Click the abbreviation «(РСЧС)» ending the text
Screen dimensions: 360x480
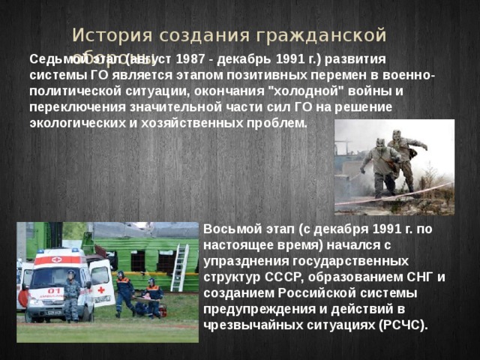pos(403,325)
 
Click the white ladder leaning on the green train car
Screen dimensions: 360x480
pos(179,268)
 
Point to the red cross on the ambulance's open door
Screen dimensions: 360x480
pos(100,289)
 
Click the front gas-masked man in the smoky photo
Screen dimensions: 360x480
pos(382,166)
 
